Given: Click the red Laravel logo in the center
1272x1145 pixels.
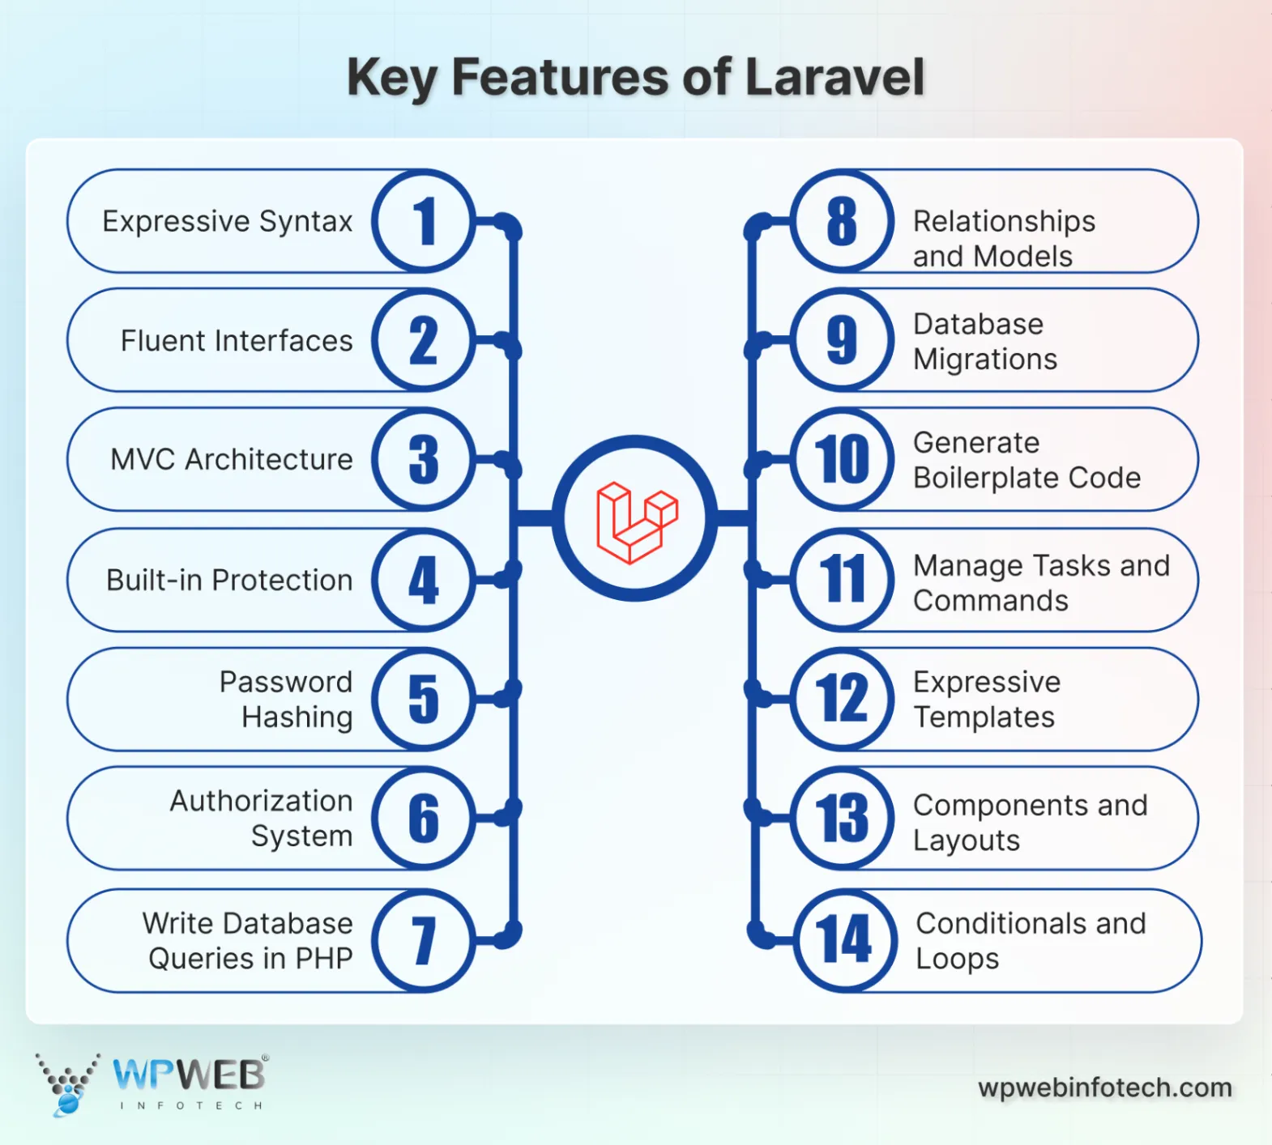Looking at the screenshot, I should tap(637, 521).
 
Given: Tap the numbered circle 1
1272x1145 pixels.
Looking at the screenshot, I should tap(424, 221).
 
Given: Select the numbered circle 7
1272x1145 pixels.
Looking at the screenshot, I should tap(424, 940).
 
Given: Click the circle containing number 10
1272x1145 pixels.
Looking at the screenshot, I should tap(843, 459).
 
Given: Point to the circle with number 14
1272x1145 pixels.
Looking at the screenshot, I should tap(844, 940).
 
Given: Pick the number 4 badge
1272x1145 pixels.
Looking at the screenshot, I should tap(424, 580).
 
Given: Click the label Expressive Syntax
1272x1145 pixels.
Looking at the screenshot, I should tap(228, 221).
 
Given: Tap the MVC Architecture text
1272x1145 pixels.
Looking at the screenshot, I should tap(232, 459).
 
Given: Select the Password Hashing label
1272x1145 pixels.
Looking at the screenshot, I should tap(287, 700).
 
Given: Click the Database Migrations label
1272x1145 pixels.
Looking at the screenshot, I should tap(985, 341).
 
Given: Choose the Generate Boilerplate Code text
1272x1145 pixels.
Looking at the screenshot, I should tap(1027, 460).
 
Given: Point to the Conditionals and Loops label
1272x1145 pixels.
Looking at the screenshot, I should tap(1031, 940).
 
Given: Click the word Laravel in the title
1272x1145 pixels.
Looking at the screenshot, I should tap(834, 78).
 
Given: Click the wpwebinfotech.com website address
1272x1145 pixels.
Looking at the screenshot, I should tap(1105, 1088).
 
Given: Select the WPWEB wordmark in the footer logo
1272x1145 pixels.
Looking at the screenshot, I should tap(190, 1075).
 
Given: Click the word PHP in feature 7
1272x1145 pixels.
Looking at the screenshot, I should tap(323, 959).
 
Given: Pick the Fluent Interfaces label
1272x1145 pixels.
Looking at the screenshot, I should tap(237, 341).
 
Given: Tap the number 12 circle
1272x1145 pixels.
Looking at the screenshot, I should tap(843, 699).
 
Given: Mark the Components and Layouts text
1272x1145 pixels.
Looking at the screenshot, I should tap(1030, 822).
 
